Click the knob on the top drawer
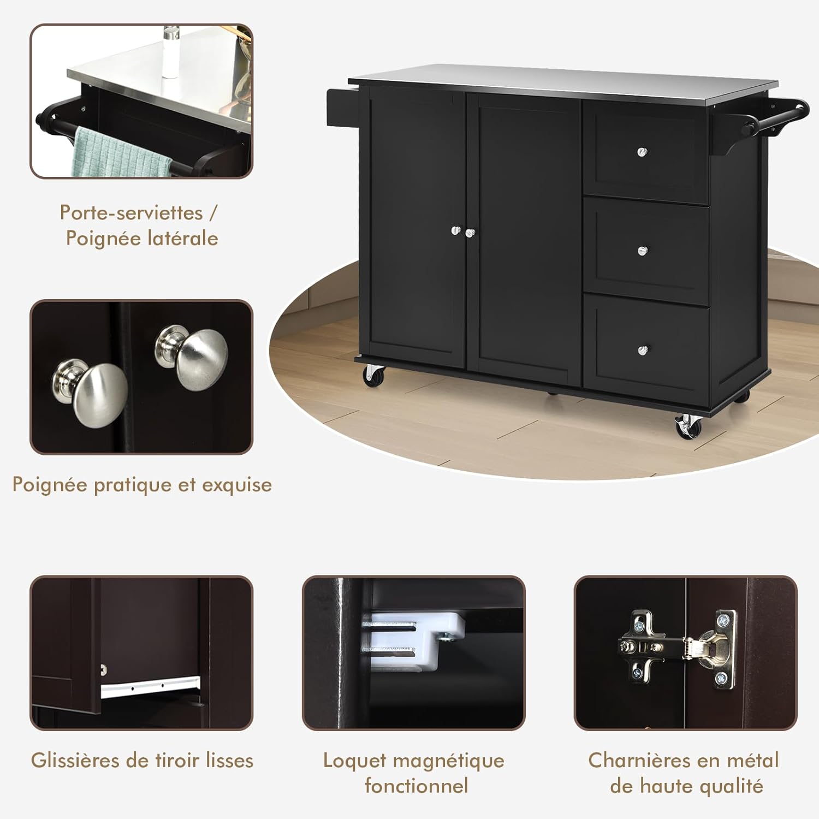click(x=643, y=151)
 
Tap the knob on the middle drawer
click(x=643, y=251)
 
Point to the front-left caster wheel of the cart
click(x=374, y=375)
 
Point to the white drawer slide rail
click(x=150, y=686)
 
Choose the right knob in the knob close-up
click(x=192, y=357)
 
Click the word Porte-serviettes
click(x=131, y=212)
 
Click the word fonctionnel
click(x=416, y=786)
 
